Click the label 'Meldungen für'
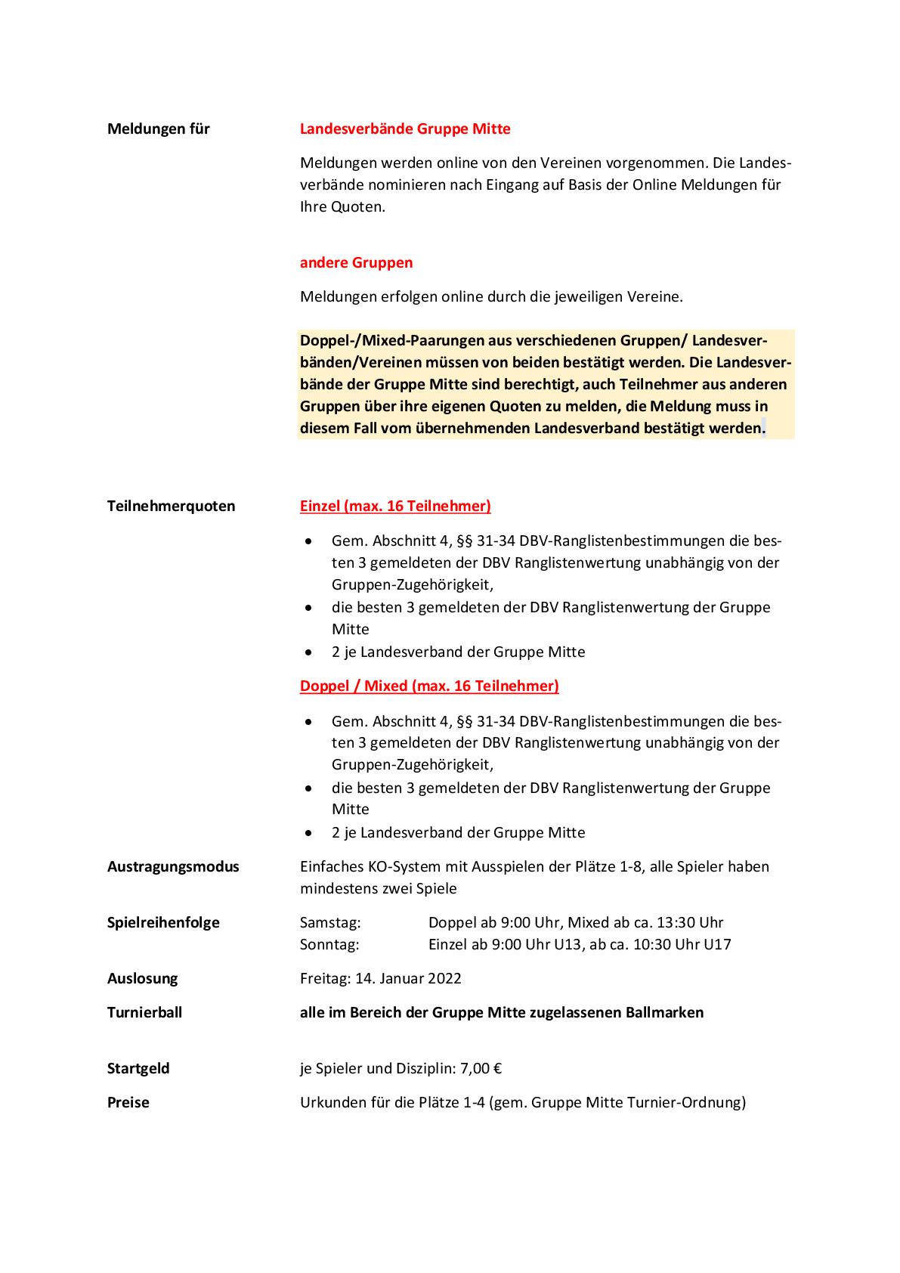158,129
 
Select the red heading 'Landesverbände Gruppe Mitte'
405,129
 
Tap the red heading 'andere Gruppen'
356,262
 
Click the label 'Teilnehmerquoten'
171,506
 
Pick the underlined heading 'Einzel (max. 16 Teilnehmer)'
395,506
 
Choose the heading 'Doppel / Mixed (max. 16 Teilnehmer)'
429,686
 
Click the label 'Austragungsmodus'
173,866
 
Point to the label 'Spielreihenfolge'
163,922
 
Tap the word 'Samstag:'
330,922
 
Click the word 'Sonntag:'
329,944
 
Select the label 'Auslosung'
142,978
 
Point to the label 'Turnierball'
144,1012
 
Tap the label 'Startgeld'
138,1068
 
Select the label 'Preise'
128,1102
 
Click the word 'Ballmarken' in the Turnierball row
666,1012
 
